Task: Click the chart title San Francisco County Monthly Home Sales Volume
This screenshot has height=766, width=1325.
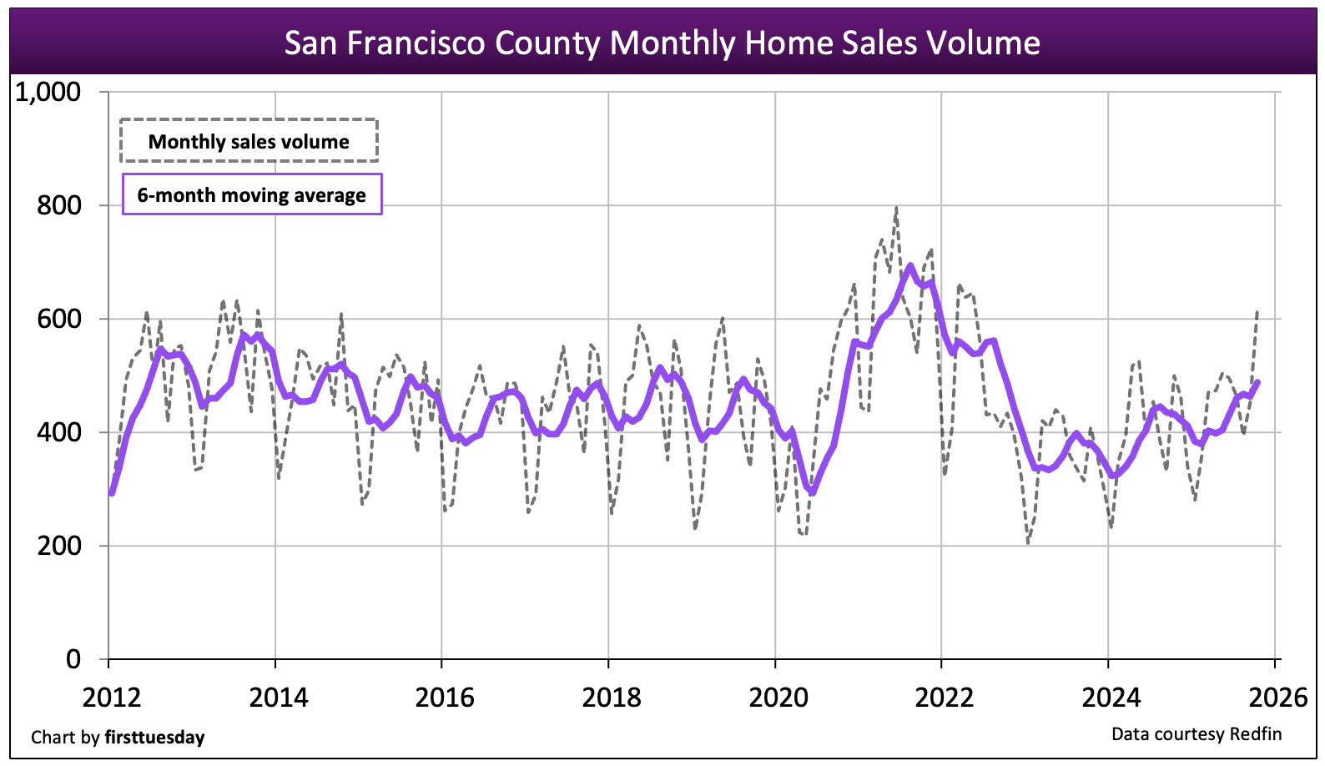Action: coord(662,43)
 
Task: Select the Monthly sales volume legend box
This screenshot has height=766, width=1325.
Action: coord(249,141)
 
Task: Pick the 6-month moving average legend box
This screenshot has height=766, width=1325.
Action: coord(252,194)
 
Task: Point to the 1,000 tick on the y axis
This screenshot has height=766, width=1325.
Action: coord(48,92)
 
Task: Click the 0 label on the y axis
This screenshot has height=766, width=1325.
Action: coord(73,659)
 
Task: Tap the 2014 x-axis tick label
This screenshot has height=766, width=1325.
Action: coord(278,697)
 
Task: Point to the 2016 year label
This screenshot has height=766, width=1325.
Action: coord(444,697)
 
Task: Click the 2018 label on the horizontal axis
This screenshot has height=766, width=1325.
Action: coord(611,697)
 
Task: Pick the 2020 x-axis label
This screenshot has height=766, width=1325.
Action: coord(778,697)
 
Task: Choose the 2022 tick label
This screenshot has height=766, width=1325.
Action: coord(944,697)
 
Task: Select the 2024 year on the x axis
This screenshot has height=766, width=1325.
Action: coord(1111,697)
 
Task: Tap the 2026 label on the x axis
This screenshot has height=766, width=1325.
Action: coord(1277,697)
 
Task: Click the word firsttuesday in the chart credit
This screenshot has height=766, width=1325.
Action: coord(154,738)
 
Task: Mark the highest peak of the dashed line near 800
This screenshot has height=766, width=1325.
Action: coord(896,208)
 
